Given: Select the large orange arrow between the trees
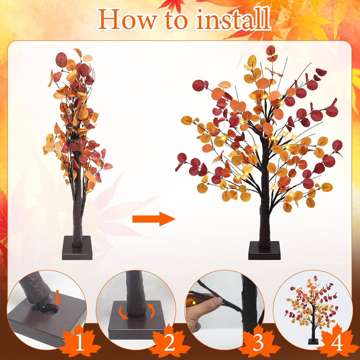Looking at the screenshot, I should click(154, 219).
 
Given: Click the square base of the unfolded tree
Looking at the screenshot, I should click(264, 251).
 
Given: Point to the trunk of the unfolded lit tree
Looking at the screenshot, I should click(263, 219).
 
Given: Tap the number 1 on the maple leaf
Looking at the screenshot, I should click(79, 343).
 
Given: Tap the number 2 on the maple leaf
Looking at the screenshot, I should click(170, 343).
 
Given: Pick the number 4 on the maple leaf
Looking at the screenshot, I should click(337, 343).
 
